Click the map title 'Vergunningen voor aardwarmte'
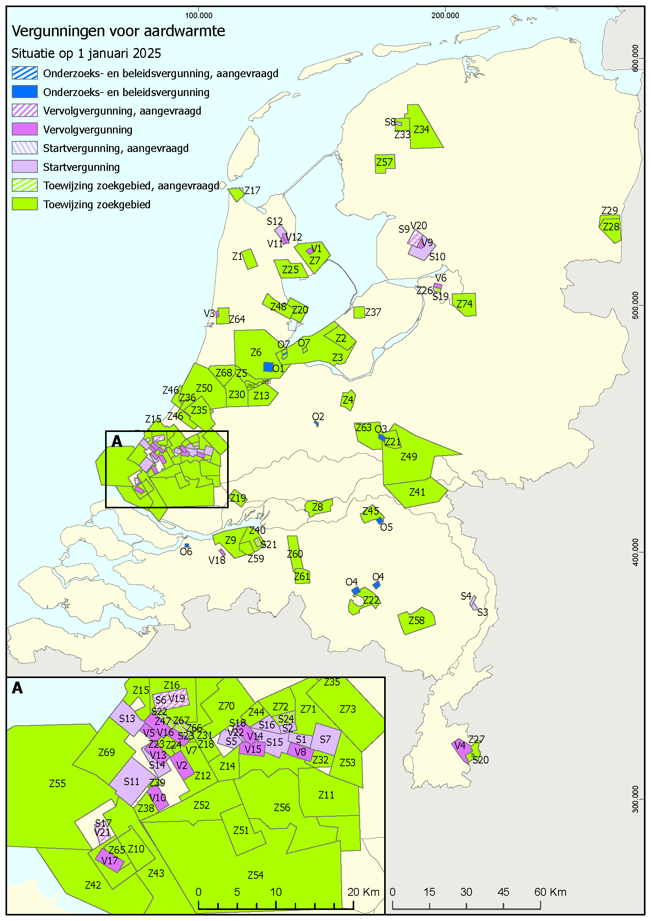[x=118, y=31]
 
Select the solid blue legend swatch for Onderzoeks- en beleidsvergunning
[x=24, y=92]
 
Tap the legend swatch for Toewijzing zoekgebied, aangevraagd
[x=24, y=185]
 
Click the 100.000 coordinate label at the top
[x=199, y=16]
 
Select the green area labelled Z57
[x=384, y=163]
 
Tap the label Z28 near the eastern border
[x=611, y=227]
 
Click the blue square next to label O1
[x=268, y=367]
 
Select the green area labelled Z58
[x=416, y=621]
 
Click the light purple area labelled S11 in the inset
[x=131, y=781]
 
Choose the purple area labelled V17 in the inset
[x=109, y=860]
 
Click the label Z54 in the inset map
[x=255, y=875]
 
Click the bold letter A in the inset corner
[x=17, y=688]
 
